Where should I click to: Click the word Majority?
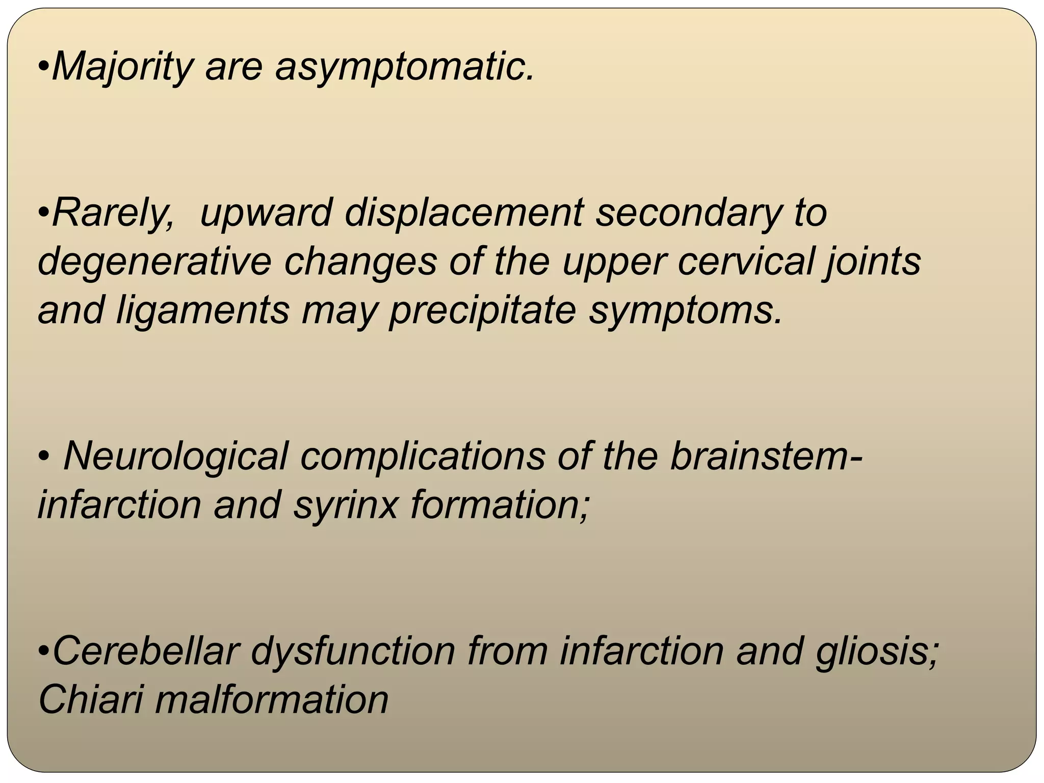(x=122, y=67)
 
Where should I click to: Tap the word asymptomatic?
(x=404, y=67)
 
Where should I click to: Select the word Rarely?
(x=113, y=213)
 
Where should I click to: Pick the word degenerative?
(x=154, y=262)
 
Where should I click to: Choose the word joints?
(x=872, y=262)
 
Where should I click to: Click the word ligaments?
(x=203, y=310)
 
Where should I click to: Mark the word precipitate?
(x=482, y=310)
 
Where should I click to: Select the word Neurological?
(x=175, y=456)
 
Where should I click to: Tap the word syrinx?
(x=345, y=505)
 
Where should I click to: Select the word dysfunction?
(x=353, y=651)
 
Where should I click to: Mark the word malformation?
(x=272, y=699)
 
